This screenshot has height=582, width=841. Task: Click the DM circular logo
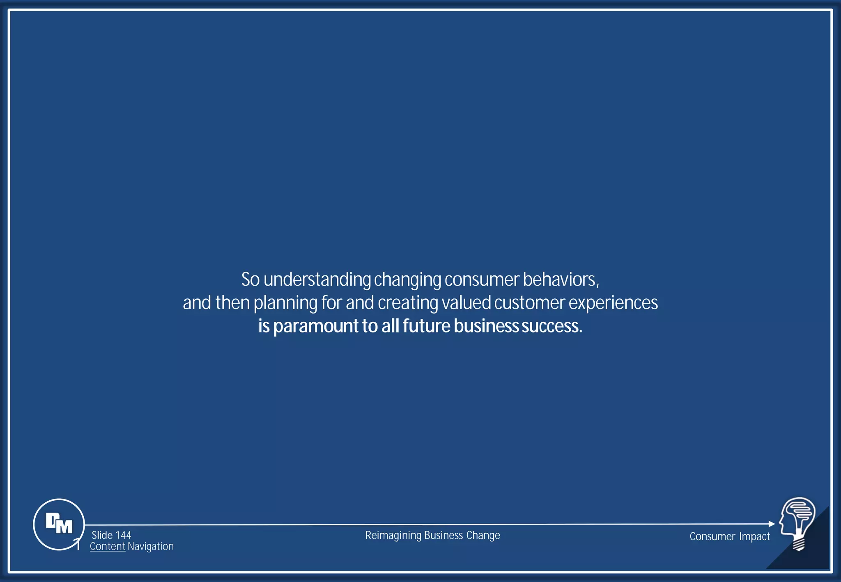tap(59, 524)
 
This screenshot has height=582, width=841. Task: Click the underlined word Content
tap(108, 546)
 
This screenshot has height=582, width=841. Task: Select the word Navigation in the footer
tap(151, 546)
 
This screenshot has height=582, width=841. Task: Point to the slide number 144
tap(123, 535)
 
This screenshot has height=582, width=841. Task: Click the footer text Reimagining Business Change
tap(432, 535)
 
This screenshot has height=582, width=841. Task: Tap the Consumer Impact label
tap(729, 536)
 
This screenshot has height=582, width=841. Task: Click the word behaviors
tap(561, 280)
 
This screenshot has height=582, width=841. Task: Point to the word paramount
tap(316, 327)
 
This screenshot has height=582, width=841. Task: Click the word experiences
tap(613, 303)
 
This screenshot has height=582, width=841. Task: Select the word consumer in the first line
tap(482, 280)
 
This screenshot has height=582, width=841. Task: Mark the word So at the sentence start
tap(250, 280)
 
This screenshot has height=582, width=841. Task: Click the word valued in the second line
tap(466, 303)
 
